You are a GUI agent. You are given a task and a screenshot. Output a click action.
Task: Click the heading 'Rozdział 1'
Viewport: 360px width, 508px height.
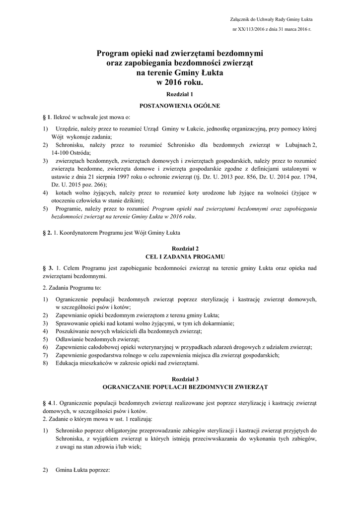(180, 94)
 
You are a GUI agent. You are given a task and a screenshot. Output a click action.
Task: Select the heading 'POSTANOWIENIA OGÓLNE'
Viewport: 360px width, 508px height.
(180, 106)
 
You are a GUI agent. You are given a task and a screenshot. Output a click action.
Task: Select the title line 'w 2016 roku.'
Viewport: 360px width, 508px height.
(180, 83)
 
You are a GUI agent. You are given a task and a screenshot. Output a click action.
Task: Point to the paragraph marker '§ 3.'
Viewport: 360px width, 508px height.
(48, 268)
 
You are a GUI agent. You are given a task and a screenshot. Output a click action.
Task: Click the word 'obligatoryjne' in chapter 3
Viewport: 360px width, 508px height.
(114, 430)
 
